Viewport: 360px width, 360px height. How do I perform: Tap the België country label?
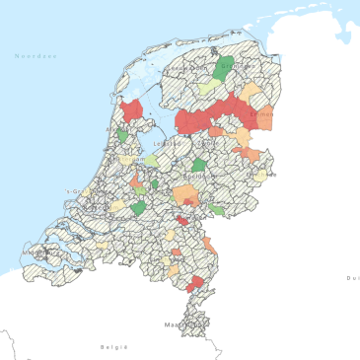tap(114, 347)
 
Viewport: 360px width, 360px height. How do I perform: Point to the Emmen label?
tap(260, 114)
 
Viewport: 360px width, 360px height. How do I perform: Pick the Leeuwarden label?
tap(180, 69)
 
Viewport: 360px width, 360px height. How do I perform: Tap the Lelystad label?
tap(167, 144)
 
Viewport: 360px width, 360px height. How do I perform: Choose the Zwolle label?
tap(207, 143)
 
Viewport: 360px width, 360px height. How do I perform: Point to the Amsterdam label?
tap(128, 158)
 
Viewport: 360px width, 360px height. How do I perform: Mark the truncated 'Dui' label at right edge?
tap(352, 279)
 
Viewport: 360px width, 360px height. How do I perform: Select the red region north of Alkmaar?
tap(131, 109)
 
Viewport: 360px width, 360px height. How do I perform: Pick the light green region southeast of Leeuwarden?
tap(208, 88)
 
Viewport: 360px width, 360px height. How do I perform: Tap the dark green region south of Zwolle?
tap(199, 165)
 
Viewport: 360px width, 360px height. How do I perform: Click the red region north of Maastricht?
tap(195, 283)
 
